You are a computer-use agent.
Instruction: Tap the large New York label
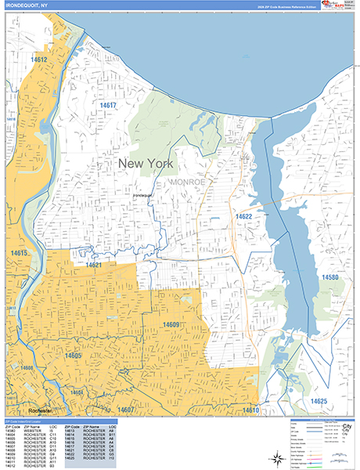(146, 163)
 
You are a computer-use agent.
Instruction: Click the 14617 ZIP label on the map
(108, 105)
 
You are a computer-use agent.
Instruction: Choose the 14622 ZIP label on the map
(243, 216)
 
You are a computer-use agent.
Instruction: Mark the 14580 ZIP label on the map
(329, 277)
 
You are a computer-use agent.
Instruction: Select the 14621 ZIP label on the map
(94, 266)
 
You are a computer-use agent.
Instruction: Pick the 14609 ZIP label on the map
(171, 324)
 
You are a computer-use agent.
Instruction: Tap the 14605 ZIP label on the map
(73, 356)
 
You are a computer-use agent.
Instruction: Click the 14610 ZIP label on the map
(250, 410)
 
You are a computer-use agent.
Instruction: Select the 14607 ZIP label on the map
(126, 410)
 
